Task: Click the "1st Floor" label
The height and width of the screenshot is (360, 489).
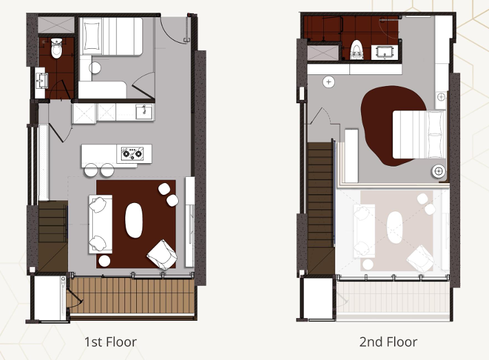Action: click(111, 342)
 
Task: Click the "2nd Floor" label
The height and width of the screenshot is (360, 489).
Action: click(388, 342)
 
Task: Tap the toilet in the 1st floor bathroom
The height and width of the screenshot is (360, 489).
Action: click(56, 47)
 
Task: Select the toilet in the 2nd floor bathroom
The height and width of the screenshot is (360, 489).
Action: click(357, 50)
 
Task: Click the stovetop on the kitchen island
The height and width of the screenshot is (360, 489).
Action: click(133, 153)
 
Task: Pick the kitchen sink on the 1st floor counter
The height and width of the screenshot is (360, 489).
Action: click(144, 112)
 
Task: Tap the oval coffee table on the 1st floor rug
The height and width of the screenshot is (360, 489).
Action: click(134, 220)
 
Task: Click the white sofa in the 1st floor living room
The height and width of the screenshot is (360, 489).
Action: click(100, 224)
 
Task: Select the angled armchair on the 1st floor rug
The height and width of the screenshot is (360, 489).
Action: click(162, 255)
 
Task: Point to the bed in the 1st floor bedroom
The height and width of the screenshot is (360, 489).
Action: click(111, 36)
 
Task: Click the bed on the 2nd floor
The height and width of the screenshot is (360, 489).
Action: click(419, 135)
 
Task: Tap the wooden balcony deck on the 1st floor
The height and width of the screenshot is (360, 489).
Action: click(131, 296)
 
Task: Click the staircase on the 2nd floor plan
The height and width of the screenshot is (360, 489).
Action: click(320, 209)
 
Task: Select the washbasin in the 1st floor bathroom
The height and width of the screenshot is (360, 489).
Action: click(42, 81)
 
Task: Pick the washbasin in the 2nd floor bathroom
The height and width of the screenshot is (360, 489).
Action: click(385, 52)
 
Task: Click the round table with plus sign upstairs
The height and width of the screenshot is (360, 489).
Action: click(328, 82)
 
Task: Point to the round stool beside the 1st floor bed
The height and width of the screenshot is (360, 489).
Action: click(95, 67)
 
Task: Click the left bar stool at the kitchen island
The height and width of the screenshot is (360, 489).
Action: click(91, 169)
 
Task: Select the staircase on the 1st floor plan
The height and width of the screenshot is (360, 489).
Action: click(53, 236)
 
